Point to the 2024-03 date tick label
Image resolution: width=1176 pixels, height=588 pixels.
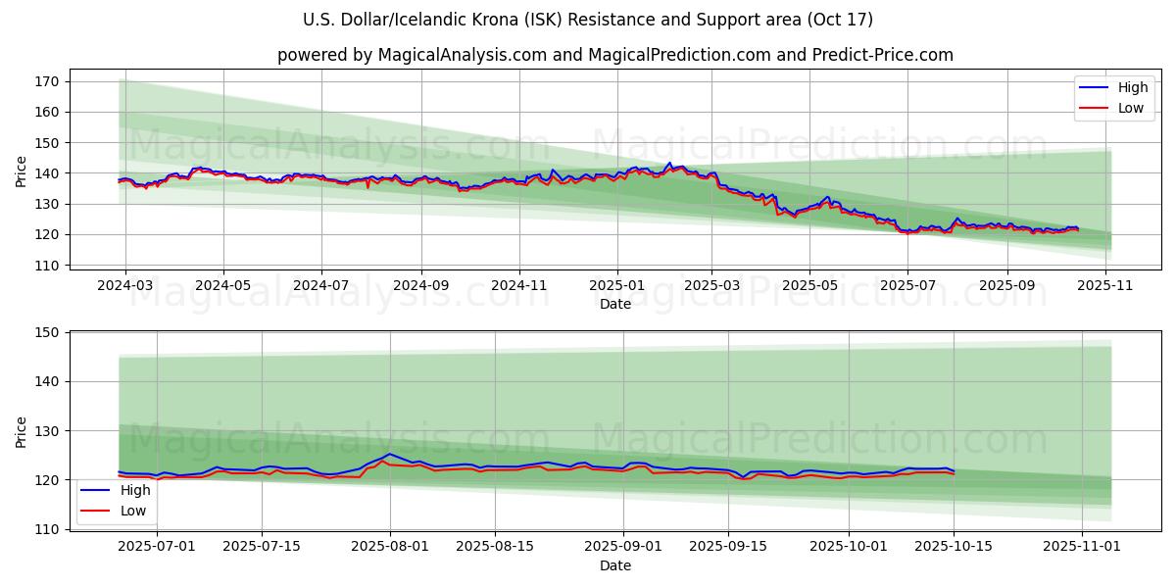pyautogui.click(x=125, y=285)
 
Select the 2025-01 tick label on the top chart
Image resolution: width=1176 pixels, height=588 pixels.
pyautogui.click(x=617, y=285)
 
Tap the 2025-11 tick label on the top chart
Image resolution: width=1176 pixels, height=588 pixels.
pyautogui.click(x=1106, y=285)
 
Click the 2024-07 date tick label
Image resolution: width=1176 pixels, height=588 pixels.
pyautogui.click(x=322, y=285)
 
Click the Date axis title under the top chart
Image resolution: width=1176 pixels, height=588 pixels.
pyautogui.click(x=615, y=304)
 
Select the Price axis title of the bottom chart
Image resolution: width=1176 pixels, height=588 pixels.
pyautogui.click(x=22, y=431)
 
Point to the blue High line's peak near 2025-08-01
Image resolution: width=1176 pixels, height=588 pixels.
pyautogui.click(x=389, y=454)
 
